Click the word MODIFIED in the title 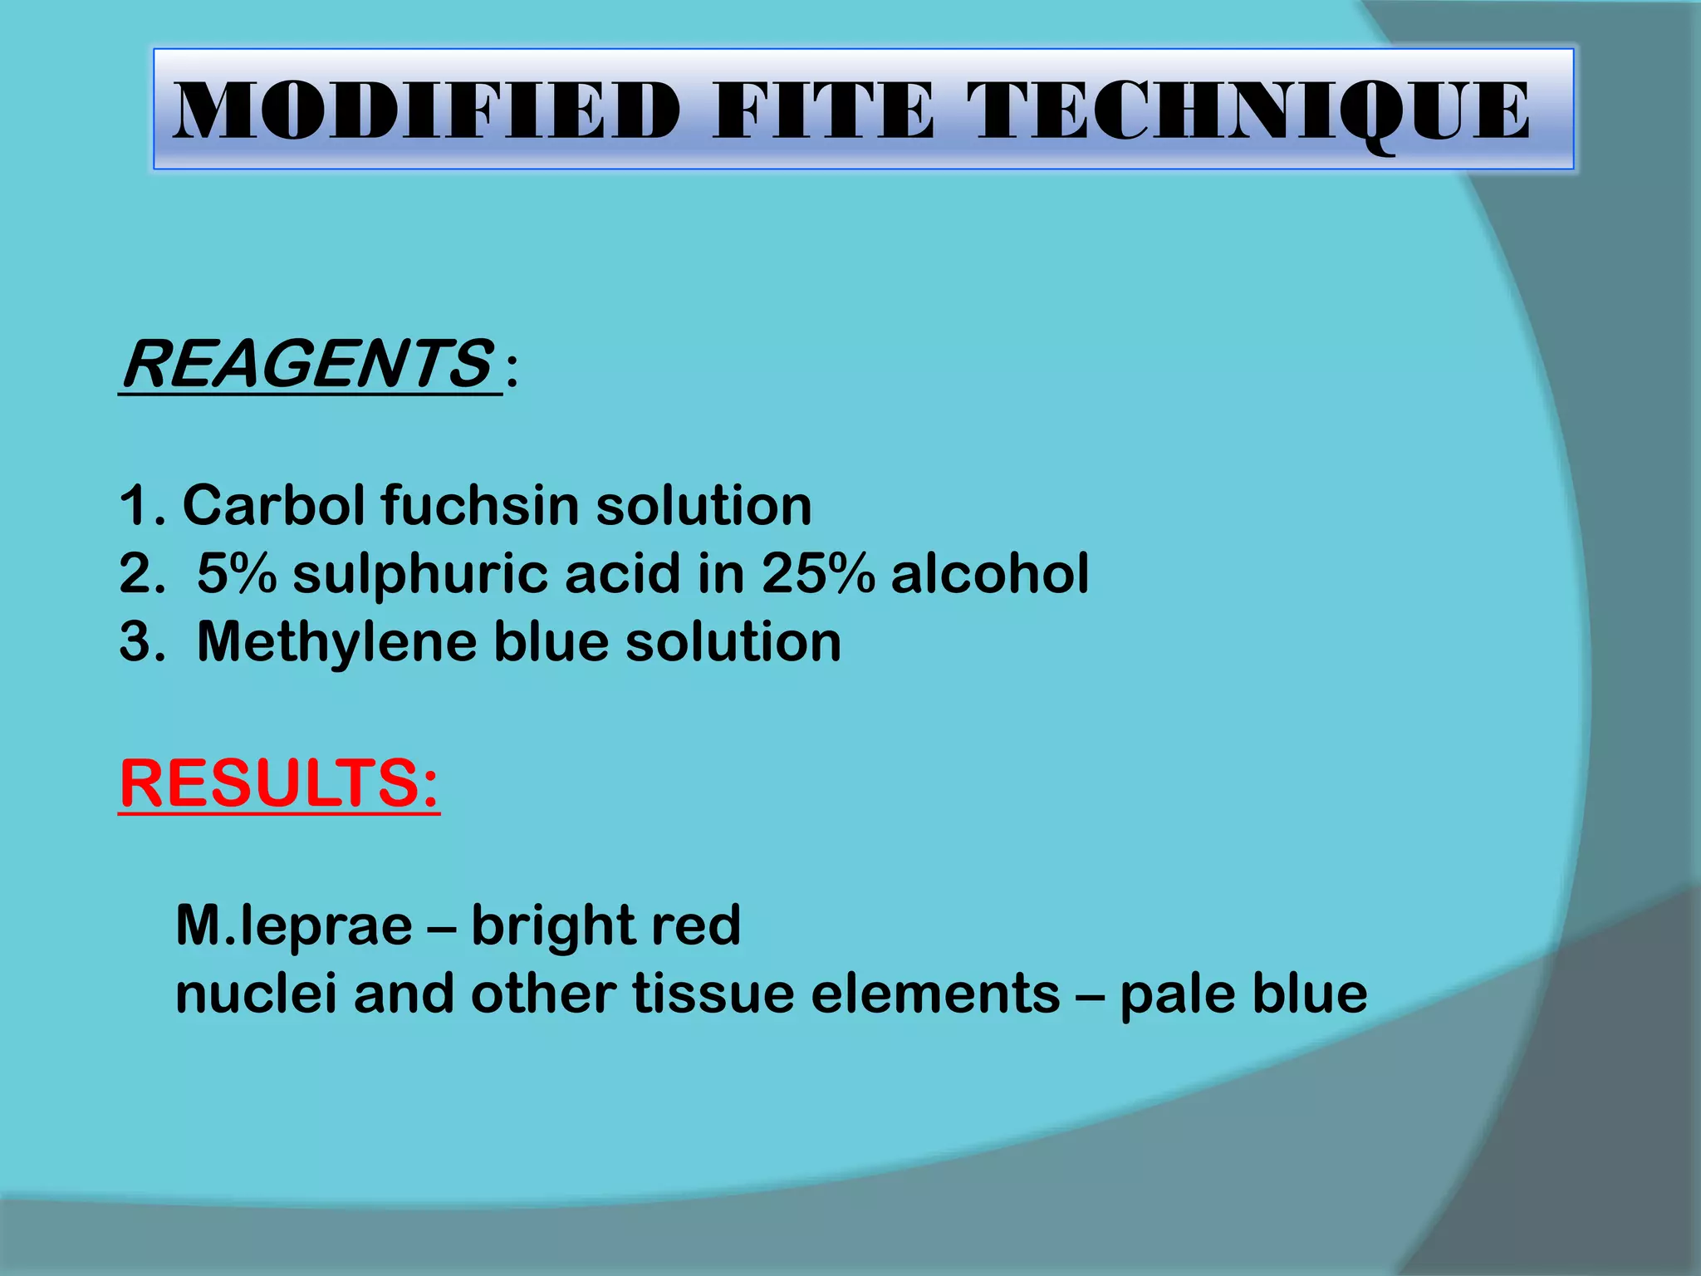(x=426, y=111)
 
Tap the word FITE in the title (x=824, y=111)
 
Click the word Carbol (x=273, y=505)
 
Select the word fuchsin (x=479, y=507)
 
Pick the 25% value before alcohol (x=818, y=573)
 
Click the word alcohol (x=989, y=573)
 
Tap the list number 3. (x=136, y=642)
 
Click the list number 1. (x=136, y=505)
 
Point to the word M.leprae (x=294, y=925)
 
